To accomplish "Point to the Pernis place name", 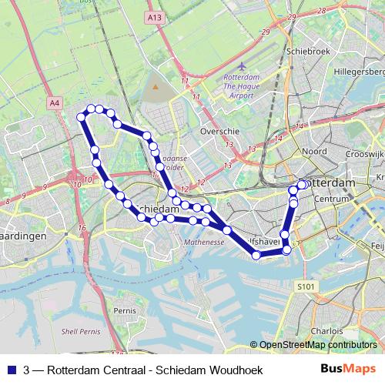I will tap(124, 310).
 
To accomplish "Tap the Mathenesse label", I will tap(203, 242).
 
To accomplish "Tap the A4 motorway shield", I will tap(54, 102).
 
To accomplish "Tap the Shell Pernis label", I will tap(80, 331).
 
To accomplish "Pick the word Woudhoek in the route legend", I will tap(236, 370).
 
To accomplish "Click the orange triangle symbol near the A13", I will tap(155, 86).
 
